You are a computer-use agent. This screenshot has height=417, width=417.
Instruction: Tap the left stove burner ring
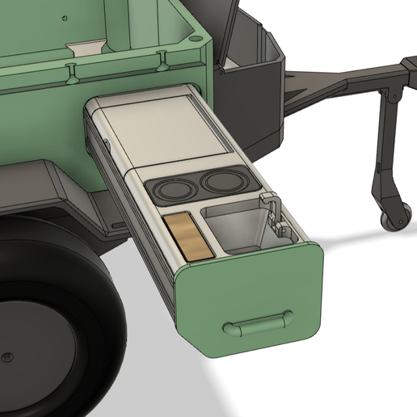pyautogui.click(x=171, y=189)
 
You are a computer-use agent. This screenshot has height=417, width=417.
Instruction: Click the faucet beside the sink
pyautogui.click(x=272, y=211)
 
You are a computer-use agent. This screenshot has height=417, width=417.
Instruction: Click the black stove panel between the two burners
pyautogui.click(x=196, y=187)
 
